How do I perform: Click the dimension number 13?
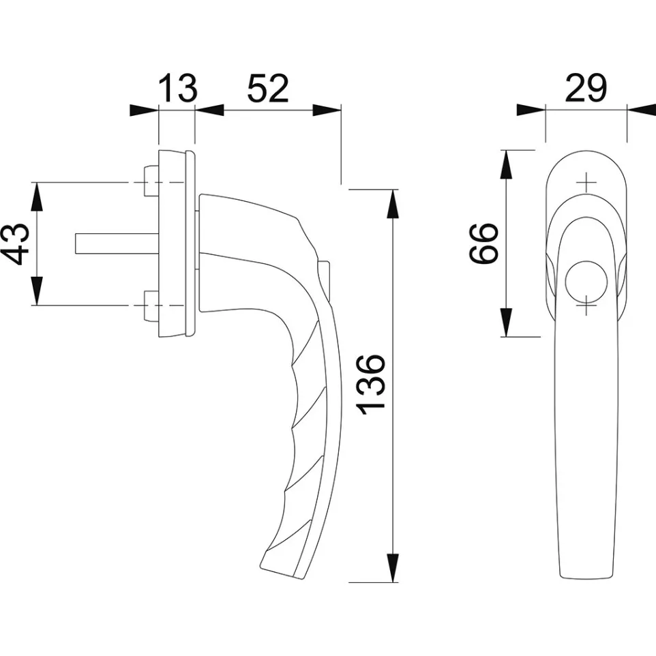tap(178, 89)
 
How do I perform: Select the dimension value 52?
tap(267, 89)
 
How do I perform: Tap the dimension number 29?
tap(586, 89)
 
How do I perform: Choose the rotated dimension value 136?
tap(373, 385)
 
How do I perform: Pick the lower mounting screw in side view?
tap(151, 305)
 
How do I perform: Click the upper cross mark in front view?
tap(586, 182)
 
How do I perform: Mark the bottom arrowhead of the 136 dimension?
tap(393, 569)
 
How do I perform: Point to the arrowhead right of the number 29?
tap(641, 110)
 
